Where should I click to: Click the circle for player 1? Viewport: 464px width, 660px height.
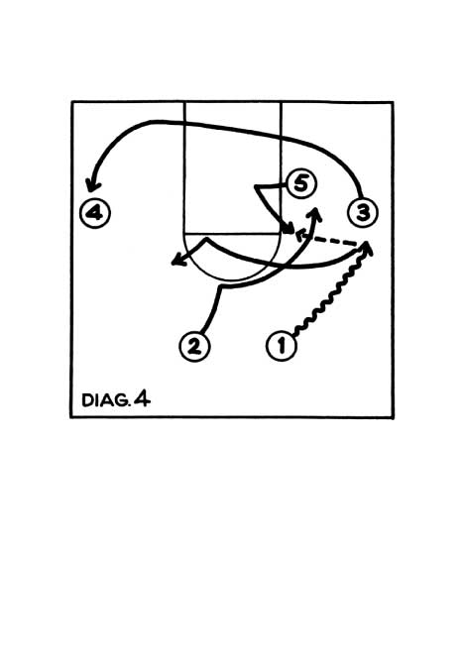[x=282, y=346]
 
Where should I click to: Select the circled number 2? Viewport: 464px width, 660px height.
[x=194, y=346]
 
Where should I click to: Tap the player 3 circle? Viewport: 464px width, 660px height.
[x=363, y=212]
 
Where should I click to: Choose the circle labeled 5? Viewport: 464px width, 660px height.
[x=300, y=183]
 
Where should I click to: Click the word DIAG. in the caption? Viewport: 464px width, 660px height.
[x=105, y=400]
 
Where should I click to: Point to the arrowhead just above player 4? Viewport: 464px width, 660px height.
[x=92, y=186]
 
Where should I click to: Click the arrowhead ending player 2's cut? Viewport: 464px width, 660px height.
[x=314, y=213]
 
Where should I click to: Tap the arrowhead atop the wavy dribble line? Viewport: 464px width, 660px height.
[x=367, y=248]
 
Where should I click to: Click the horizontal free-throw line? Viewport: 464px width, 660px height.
[x=232, y=233]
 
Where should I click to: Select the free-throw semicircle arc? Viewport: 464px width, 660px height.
[x=233, y=279]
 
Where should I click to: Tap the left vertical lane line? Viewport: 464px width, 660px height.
[x=184, y=167]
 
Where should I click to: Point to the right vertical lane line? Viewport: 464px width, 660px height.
[x=281, y=167]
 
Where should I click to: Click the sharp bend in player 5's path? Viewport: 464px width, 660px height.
[x=256, y=186]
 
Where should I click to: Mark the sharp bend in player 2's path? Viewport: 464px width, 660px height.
[x=221, y=287]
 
